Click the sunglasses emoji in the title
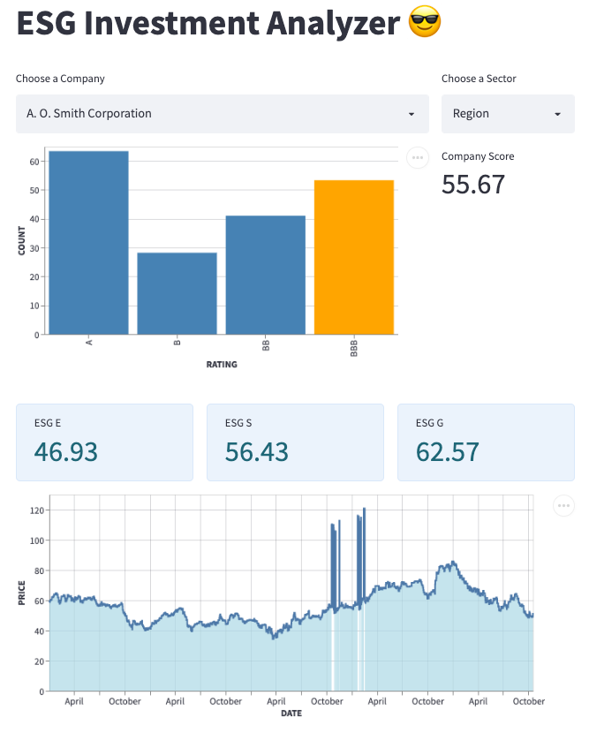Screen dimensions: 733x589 425,24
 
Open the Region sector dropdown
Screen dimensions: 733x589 508,114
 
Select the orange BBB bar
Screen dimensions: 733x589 353,257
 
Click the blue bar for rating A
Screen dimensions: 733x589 88,243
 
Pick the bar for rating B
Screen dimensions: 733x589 177,293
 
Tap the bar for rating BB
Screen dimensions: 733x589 265,275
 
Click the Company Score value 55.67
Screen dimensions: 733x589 473,185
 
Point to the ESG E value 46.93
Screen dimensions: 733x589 65,451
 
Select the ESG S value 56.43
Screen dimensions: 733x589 257,451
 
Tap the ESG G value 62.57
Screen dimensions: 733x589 448,451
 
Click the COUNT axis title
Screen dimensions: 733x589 21,240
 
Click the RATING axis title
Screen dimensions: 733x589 222,364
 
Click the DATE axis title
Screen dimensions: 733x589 291,713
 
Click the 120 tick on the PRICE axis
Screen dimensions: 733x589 35,510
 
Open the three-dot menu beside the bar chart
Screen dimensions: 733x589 417,157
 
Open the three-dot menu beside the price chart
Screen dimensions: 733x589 563,505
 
